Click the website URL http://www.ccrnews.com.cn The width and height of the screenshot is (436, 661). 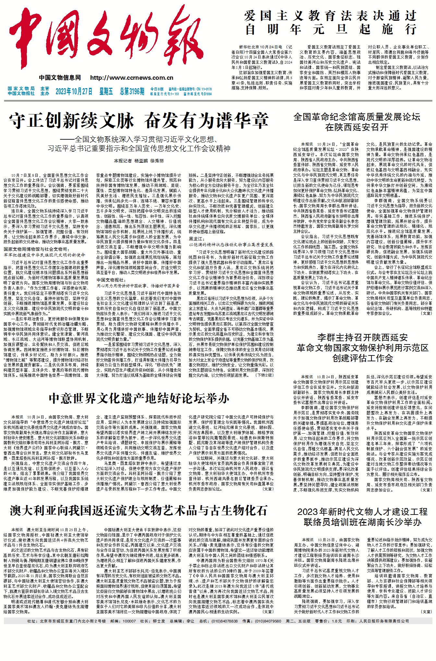point(132,78)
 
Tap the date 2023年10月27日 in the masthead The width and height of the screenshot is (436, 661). point(74,91)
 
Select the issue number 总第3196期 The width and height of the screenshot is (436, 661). point(132,91)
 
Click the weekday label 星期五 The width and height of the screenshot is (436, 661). point(106,91)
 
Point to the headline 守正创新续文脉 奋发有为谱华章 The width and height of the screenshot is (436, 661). point(139,121)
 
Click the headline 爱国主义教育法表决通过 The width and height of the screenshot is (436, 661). point(331,16)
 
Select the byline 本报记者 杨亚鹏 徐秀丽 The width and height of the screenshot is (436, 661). point(139,161)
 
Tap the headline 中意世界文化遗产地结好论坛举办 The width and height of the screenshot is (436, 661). point(139,399)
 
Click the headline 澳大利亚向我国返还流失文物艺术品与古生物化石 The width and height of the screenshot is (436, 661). point(139,510)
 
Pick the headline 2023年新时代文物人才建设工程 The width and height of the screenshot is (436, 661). point(362,512)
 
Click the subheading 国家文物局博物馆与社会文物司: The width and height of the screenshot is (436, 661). point(36,249)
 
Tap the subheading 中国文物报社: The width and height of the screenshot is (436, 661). point(111,280)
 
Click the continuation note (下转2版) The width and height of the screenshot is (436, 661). point(265,375)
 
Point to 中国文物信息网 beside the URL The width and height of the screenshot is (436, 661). point(60,78)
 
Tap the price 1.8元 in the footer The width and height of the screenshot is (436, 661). point(337,621)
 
